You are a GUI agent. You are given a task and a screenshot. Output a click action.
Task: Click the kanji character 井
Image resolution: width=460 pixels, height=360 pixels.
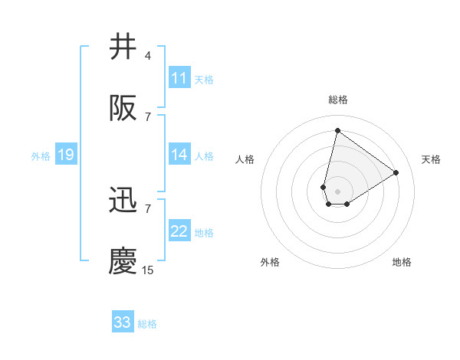(x=123, y=47)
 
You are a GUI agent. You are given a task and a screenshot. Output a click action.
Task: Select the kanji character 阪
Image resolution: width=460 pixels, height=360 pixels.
(x=123, y=110)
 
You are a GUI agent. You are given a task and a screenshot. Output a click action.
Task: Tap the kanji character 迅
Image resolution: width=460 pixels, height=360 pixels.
(x=123, y=200)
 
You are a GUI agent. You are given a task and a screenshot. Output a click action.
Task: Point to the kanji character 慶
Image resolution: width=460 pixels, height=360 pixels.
(x=123, y=261)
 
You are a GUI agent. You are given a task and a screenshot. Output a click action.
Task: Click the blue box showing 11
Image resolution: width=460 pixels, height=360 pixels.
(x=179, y=78)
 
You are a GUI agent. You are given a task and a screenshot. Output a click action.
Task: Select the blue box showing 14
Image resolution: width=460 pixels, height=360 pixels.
(x=179, y=155)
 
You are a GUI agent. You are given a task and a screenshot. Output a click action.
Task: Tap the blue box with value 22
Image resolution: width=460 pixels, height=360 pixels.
(x=179, y=232)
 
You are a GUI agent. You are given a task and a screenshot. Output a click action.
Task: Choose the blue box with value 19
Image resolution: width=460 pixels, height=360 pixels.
(x=65, y=155)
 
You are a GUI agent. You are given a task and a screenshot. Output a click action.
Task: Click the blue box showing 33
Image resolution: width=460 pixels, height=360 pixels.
(x=123, y=322)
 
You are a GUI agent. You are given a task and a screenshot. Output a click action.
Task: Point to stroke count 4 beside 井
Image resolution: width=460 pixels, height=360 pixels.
(x=148, y=56)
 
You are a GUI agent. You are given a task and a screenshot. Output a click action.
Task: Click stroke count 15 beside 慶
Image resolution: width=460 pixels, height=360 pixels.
(x=148, y=270)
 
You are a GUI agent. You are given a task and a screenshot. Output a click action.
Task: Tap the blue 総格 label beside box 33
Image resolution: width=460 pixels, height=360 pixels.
(x=147, y=324)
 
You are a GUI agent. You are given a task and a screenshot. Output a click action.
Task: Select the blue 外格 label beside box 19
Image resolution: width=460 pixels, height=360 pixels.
(x=41, y=156)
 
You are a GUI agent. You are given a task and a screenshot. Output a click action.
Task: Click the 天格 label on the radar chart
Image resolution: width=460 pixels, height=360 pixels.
(x=431, y=159)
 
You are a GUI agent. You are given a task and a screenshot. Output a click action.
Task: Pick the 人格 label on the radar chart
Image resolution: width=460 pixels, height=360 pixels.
(x=245, y=159)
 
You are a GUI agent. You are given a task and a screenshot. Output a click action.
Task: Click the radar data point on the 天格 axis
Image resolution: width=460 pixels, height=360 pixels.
(x=396, y=173)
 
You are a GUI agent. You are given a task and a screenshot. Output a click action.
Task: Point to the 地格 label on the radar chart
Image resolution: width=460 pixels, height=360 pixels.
(x=402, y=262)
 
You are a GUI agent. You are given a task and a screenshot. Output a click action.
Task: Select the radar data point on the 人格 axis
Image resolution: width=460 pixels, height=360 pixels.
(x=324, y=187)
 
